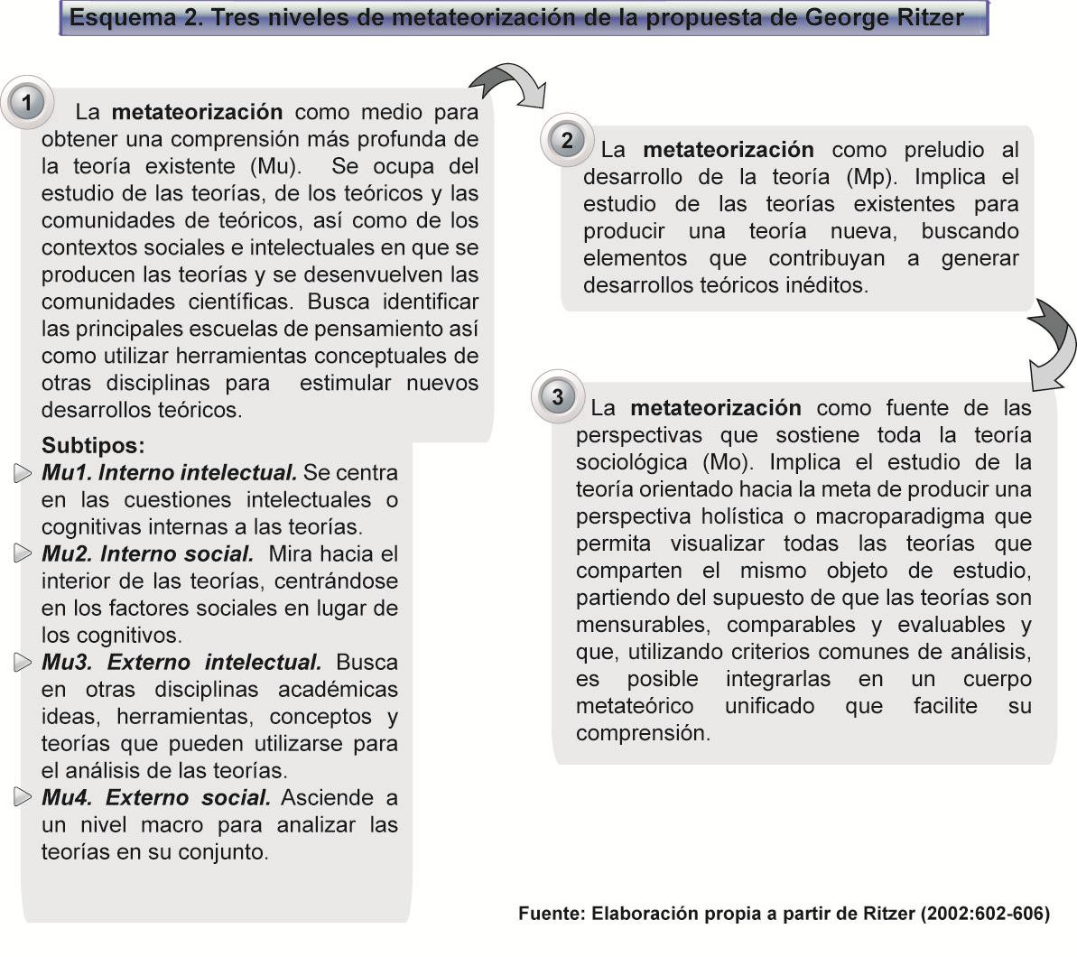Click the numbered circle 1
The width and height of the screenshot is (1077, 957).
[27, 103]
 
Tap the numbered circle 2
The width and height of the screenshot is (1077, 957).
[567, 141]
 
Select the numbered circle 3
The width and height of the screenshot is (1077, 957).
[558, 397]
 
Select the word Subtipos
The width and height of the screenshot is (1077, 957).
[93, 445]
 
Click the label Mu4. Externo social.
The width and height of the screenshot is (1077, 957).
[156, 798]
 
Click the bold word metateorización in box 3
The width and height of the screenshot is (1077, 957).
[715, 408]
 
